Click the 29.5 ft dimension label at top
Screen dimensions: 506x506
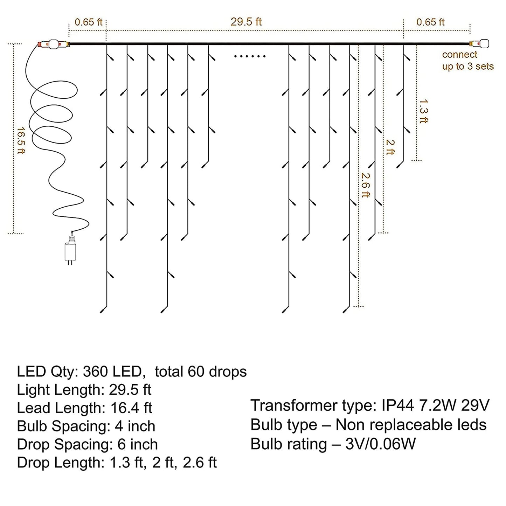click(x=246, y=22)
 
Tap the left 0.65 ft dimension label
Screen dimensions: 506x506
click(x=88, y=22)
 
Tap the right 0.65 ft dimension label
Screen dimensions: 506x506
click(x=430, y=22)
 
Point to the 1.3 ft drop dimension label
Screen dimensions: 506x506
click(x=423, y=111)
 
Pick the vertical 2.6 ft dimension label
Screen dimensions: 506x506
click(x=365, y=185)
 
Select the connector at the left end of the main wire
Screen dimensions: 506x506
click(x=53, y=44)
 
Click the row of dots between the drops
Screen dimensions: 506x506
click(x=250, y=56)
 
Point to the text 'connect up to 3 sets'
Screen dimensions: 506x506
click(x=467, y=61)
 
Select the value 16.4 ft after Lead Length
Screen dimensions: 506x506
click(x=131, y=408)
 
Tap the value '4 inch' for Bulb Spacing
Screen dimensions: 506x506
click(x=135, y=426)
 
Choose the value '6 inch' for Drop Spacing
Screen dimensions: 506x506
click(x=138, y=444)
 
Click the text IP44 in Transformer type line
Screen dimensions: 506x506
click(x=396, y=406)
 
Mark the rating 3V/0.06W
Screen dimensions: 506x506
click(x=380, y=444)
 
